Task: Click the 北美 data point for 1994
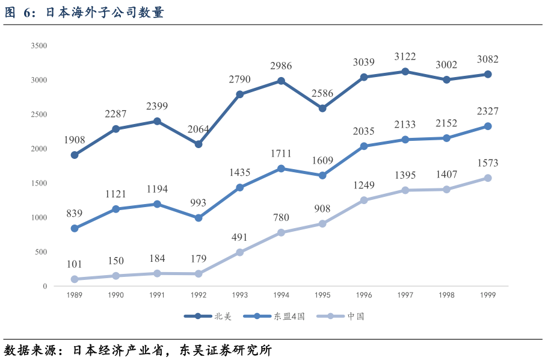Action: point(281,81)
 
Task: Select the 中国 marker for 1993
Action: point(239,252)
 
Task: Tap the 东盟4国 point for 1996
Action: point(364,146)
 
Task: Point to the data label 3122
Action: point(405,57)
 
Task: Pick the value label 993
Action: point(198,203)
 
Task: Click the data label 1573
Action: point(488,163)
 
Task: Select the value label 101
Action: point(75,264)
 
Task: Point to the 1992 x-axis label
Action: point(199,295)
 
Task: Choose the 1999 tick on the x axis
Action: point(488,295)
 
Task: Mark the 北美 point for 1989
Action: point(75,155)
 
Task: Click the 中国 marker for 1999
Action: point(488,178)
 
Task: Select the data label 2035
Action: point(364,131)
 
